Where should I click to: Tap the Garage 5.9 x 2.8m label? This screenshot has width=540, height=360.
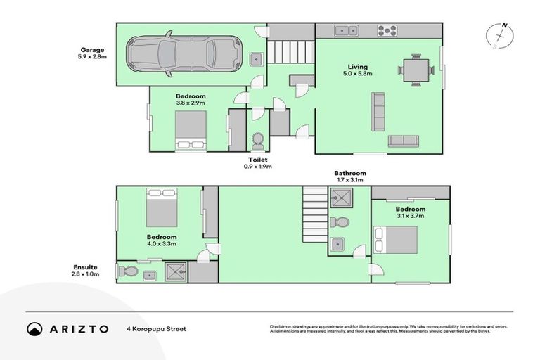[x=92, y=53]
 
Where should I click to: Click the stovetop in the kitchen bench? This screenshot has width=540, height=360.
[x=387, y=30]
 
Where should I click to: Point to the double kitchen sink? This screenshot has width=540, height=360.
[x=345, y=30]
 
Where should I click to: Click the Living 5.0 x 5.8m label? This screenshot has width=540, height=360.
[x=356, y=71]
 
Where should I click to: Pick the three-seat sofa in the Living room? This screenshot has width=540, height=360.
[x=378, y=112]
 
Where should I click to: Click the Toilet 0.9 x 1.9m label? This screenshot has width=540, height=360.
[x=257, y=163]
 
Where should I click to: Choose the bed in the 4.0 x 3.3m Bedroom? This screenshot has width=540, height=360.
[x=161, y=206]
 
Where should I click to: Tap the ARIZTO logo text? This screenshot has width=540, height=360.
[x=79, y=328]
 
